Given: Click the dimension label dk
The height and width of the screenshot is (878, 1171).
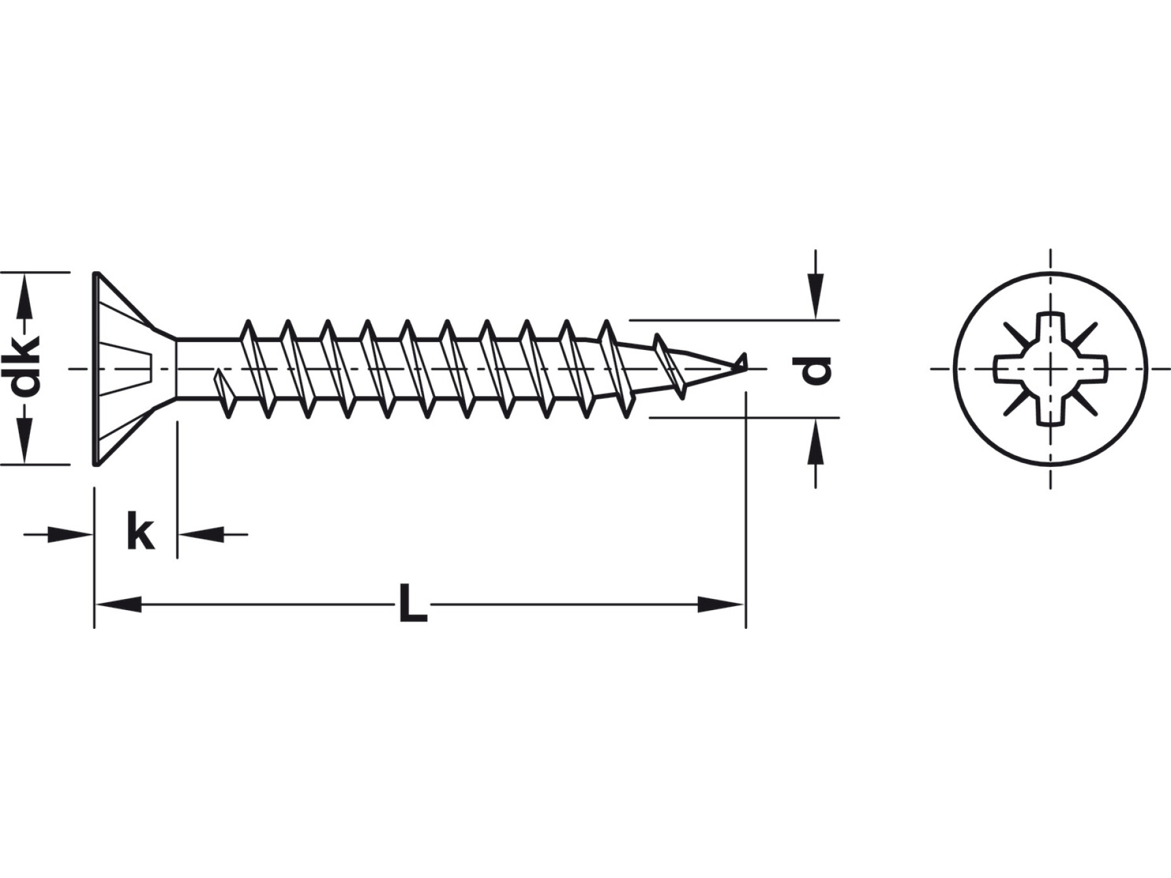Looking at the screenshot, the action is coord(27,367).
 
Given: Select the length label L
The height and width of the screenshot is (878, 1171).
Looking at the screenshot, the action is coord(412,604).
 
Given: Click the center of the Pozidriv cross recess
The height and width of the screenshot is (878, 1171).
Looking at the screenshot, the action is coord(1051,369).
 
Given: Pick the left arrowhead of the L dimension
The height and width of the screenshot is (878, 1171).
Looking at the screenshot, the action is coord(118,604).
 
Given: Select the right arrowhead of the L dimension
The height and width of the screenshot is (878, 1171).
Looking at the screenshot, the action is coord(721,604).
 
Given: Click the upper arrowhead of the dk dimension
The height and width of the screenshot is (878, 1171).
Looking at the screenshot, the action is coord(25,295).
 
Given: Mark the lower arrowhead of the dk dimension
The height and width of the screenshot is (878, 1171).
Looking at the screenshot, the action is coord(25,441).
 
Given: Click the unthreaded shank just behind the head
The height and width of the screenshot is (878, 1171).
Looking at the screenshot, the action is coord(208,369).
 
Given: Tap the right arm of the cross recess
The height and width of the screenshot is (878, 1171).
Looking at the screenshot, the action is coord(1086,369).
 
